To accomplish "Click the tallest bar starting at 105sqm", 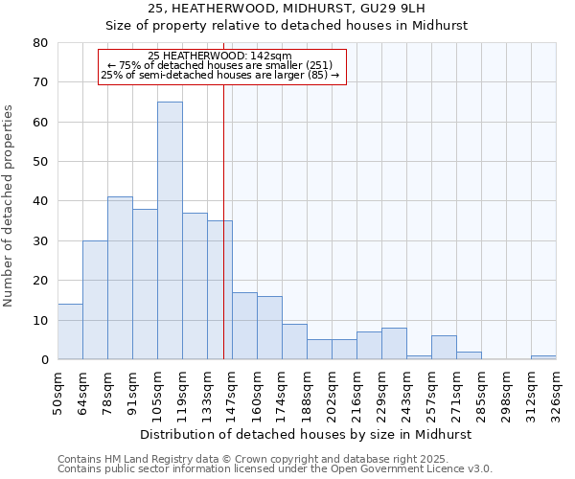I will [x=170, y=230].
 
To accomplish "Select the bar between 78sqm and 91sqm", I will [x=120, y=278].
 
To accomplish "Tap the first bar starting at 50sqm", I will [x=70, y=331].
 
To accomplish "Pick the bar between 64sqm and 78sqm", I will [x=95, y=300].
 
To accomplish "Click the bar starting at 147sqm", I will [x=244, y=326].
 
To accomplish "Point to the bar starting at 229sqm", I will [x=394, y=344].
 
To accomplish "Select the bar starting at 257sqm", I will [x=444, y=348].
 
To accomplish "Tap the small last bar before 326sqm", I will [x=543, y=357].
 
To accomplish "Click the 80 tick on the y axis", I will [x=39, y=43].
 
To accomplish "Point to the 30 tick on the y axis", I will [x=39, y=241].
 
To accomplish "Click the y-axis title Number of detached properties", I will [x=10, y=201].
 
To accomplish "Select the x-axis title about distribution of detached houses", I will [x=306, y=434].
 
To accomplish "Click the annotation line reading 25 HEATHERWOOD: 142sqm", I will [x=219, y=56].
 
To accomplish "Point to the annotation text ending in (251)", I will [x=219, y=65].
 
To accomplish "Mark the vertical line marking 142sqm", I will [x=223, y=239].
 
